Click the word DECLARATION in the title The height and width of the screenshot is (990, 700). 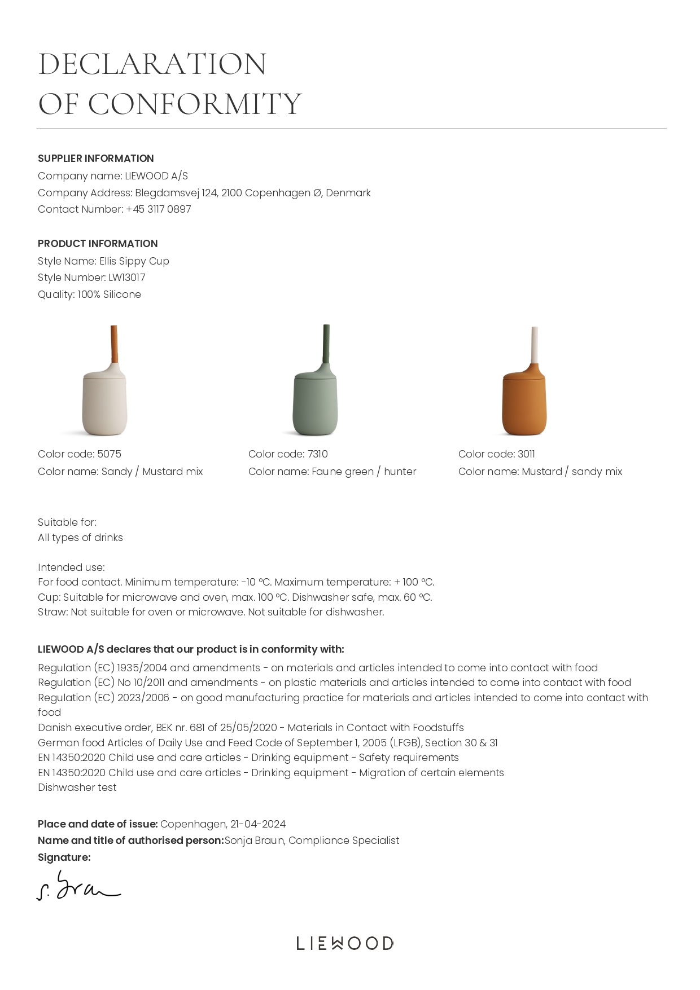point(152,64)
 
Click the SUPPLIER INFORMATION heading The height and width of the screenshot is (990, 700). point(95,159)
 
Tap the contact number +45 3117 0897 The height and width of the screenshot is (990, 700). point(159,209)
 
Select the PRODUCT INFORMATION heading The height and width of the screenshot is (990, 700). point(98,244)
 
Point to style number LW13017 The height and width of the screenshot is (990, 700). point(127,278)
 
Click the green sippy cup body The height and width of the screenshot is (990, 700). point(315,403)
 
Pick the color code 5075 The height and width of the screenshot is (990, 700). point(109,454)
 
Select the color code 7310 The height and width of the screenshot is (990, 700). point(317,454)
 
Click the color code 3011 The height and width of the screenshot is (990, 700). point(526,454)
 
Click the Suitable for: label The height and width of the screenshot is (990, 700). point(67,522)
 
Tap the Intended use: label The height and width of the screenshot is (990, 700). point(71,567)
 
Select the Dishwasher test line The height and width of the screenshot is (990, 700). point(77,787)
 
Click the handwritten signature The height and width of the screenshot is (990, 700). point(78,886)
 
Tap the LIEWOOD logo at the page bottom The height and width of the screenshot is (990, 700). point(345,943)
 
